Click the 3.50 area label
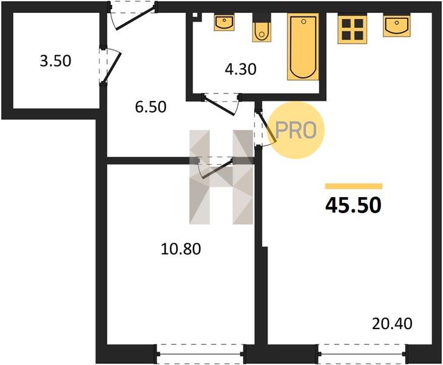[x=55, y=61]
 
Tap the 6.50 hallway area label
[x=150, y=107]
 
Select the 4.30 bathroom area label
[x=240, y=69]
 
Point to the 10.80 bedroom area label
[x=181, y=249]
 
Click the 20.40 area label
[x=392, y=324]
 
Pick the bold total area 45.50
[x=354, y=206]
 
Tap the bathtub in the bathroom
[x=303, y=47]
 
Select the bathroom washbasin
[x=224, y=23]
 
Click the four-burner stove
[x=352, y=29]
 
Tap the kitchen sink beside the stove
[x=397, y=26]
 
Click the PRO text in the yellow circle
[x=295, y=131]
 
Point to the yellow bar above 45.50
[x=354, y=186]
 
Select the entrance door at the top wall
[x=132, y=16]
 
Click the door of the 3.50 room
[x=111, y=65]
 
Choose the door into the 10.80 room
[x=215, y=167]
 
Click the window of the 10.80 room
[x=200, y=353]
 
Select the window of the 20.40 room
[x=362, y=353]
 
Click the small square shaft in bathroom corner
[x=195, y=16]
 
